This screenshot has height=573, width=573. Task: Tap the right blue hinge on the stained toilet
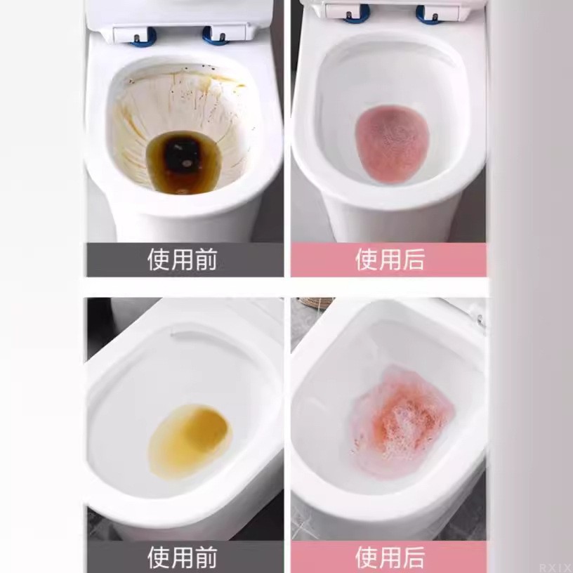point(217,36)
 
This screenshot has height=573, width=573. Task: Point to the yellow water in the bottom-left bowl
point(190,441)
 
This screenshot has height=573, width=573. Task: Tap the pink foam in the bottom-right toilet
point(402,420)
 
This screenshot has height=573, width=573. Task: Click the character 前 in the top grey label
point(206,259)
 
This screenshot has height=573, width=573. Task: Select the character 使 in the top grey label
point(159,259)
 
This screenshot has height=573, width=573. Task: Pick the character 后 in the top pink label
point(414,259)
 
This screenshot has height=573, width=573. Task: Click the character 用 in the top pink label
point(390,259)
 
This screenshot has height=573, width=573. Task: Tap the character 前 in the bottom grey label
point(206,558)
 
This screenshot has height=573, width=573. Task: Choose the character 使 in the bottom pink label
point(367,558)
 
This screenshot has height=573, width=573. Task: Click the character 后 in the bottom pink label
point(414,558)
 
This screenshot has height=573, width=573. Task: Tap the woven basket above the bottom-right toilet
point(316,302)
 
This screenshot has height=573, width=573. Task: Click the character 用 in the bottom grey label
point(183,558)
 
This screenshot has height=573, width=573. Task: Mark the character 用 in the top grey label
point(183,259)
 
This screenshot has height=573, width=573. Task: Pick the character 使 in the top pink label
point(367,259)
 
